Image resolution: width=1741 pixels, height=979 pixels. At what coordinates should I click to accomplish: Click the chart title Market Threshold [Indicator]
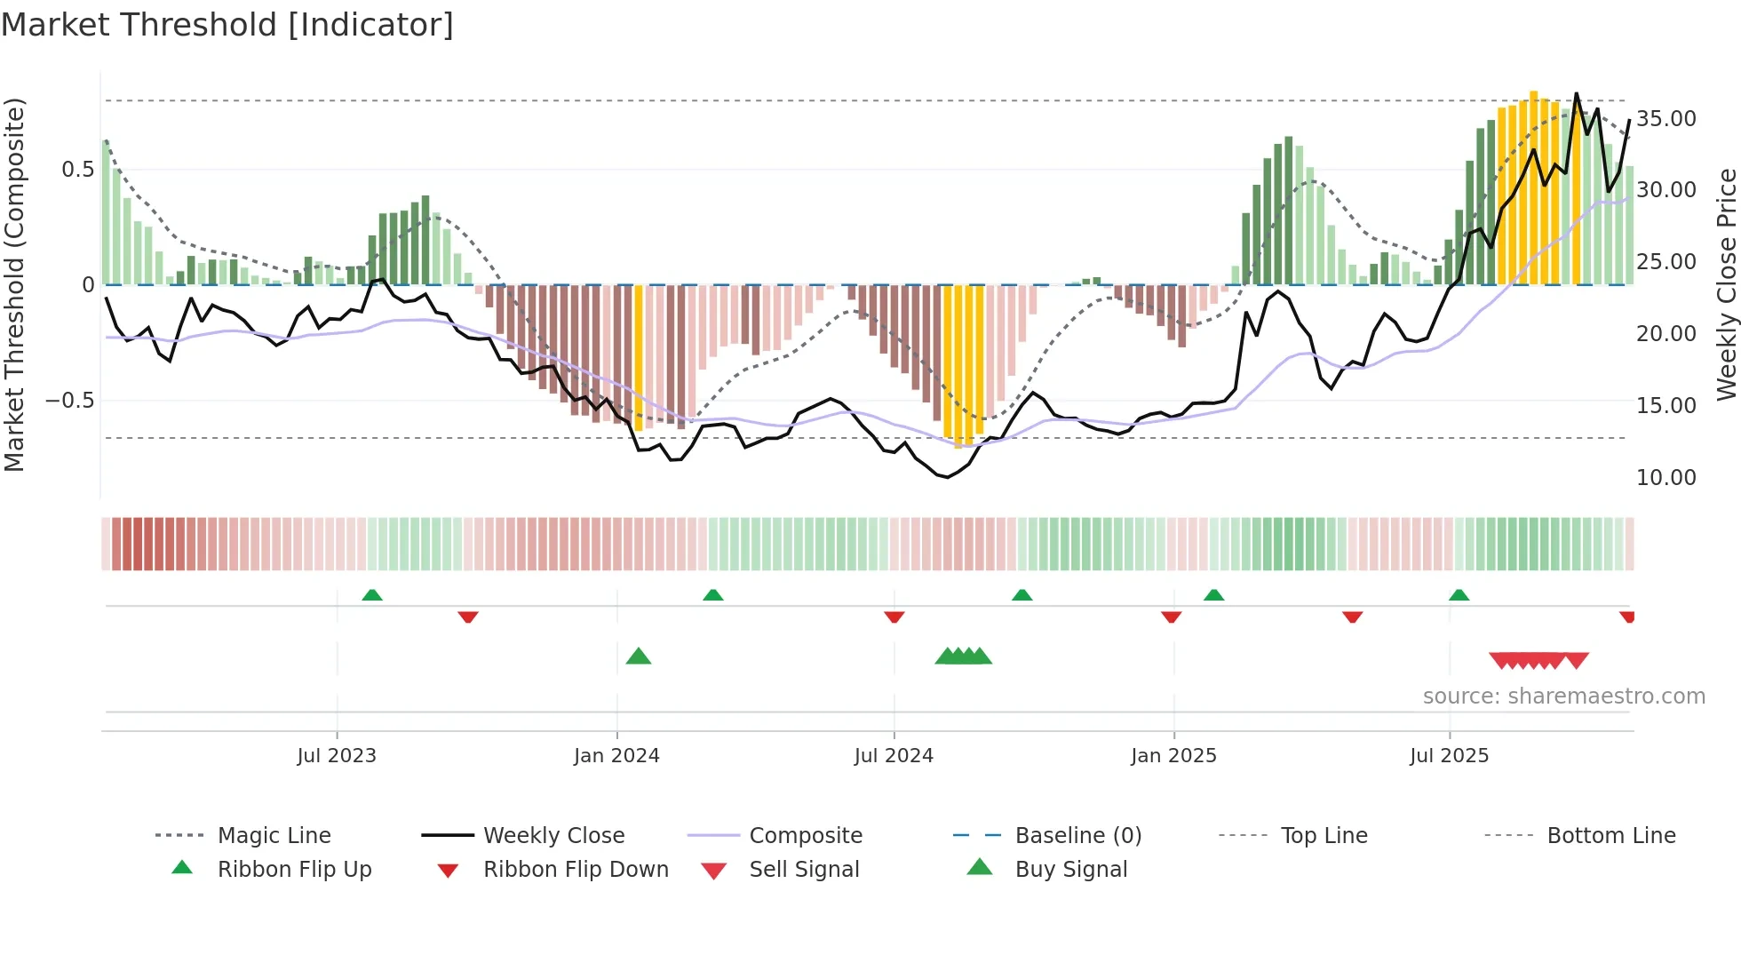(227, 25)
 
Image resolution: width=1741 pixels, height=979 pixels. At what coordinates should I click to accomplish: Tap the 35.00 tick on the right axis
(1665, 119)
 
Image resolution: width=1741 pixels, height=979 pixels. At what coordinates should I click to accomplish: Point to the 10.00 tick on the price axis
(1665, 478)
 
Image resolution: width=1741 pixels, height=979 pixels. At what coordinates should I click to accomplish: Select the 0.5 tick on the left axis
(77, 170)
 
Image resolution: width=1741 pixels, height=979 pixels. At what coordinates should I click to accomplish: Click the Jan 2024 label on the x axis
(616, 756)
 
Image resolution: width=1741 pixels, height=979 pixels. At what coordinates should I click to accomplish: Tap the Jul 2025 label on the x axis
(1449, 756)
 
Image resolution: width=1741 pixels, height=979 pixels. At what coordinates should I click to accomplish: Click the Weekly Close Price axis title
(1725, 284)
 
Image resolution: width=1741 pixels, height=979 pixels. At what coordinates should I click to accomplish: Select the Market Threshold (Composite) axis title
(14, 284)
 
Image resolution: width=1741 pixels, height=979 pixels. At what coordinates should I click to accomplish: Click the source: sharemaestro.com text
(1563, 696)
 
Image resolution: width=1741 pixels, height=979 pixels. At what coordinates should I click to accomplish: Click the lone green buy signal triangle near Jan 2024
(639, 657)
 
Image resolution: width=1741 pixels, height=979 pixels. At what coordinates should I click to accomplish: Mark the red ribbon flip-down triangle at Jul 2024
(894, 617)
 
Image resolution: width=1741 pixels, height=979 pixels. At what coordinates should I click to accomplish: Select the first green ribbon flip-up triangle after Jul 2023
(372, 595)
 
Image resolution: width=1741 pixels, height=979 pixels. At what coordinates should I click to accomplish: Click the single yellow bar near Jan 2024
(639, 357)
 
